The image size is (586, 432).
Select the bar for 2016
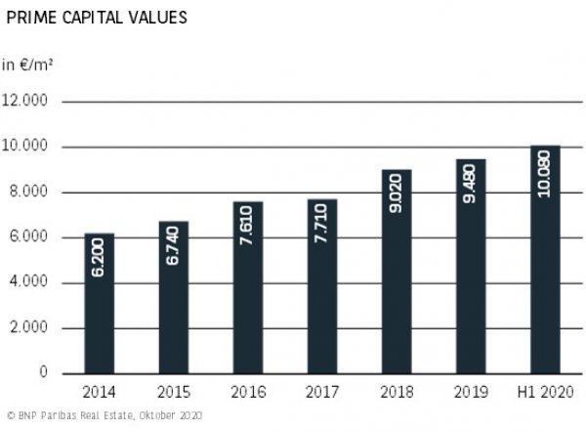coord(248,287)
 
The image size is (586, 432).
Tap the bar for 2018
coord(396,271)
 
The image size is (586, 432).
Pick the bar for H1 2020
coord(544,259)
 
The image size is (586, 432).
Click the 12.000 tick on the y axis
coord(29,102)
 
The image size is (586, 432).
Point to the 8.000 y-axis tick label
coord(29,193)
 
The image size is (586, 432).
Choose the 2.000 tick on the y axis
coord(29,328)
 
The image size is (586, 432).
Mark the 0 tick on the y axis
coord(43,373)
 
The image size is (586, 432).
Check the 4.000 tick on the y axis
coord(29,283)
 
